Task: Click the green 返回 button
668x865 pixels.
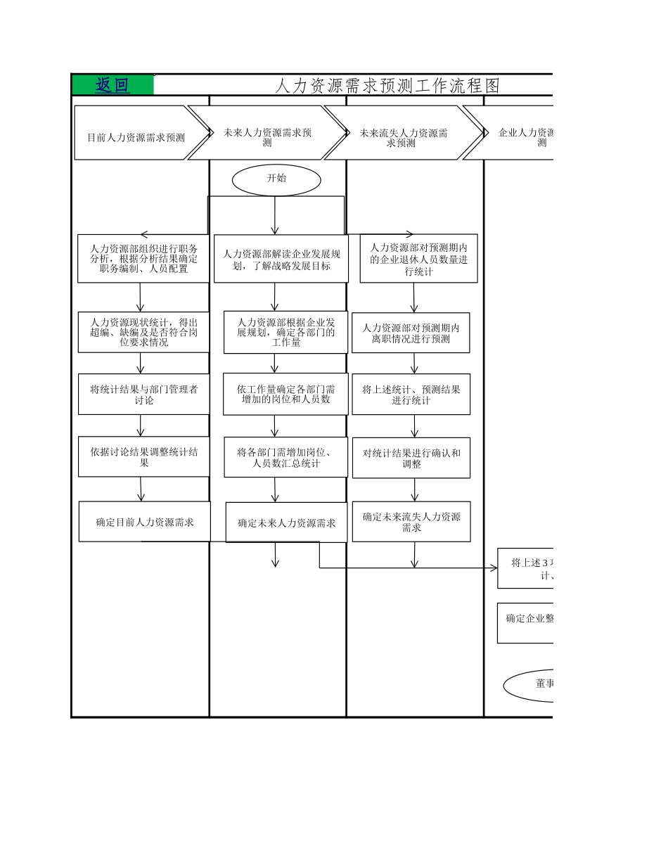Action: click(113, 85)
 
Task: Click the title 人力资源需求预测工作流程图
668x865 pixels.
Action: click(386, 86)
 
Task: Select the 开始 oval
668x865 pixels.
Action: click(276, 179)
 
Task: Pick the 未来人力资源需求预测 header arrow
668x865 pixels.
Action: click(267, 133)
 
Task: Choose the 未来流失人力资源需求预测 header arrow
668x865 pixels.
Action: click(404, 133)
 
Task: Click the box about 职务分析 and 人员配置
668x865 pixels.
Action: click(143, 259)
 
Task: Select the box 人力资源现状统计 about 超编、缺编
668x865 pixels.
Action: click(143, 332)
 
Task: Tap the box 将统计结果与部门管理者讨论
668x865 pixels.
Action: click(143, 394)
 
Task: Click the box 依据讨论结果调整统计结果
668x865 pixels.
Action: click(143, 456)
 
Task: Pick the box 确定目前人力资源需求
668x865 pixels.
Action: click(144, 522)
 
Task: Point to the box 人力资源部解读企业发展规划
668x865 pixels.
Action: click(281, 259)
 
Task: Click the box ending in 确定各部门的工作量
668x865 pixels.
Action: click(285, 332)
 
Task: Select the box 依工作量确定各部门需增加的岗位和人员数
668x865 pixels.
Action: click(285, 394)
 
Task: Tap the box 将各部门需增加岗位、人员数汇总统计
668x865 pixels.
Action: click(285, 457)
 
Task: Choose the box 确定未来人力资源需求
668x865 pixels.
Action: click(286, 523)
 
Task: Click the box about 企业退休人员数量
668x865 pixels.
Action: click(418, 259)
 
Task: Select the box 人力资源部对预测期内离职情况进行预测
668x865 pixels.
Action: click(411, 333)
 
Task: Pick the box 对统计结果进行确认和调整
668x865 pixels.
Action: click(411, 458)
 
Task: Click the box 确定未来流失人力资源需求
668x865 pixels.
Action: click(411, 522)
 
